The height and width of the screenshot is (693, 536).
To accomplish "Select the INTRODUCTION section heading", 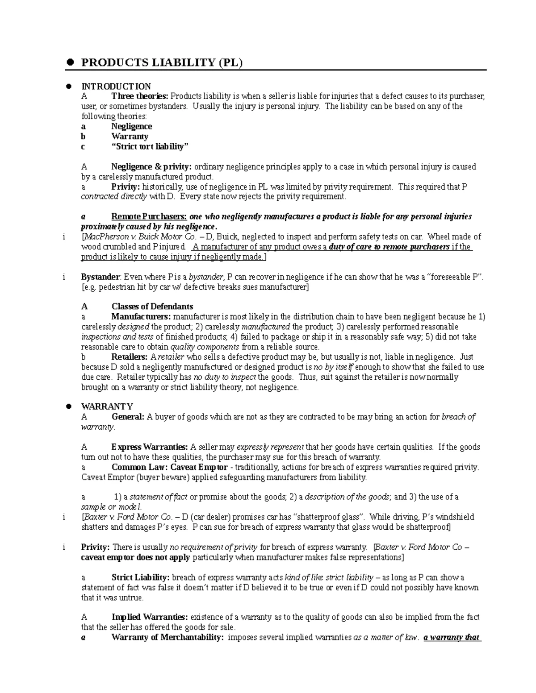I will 116,86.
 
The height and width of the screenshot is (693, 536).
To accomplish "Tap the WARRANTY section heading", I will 107,406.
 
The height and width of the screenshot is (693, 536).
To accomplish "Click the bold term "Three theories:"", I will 140,96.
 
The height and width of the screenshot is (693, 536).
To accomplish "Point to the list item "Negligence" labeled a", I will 132,126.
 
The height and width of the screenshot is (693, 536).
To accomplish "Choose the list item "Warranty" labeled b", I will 130,137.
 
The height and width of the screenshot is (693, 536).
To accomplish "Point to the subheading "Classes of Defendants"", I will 152,307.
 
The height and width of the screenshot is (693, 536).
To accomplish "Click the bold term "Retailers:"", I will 130,357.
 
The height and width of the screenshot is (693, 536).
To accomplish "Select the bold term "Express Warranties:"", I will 150,447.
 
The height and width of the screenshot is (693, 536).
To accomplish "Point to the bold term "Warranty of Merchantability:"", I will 167,637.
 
